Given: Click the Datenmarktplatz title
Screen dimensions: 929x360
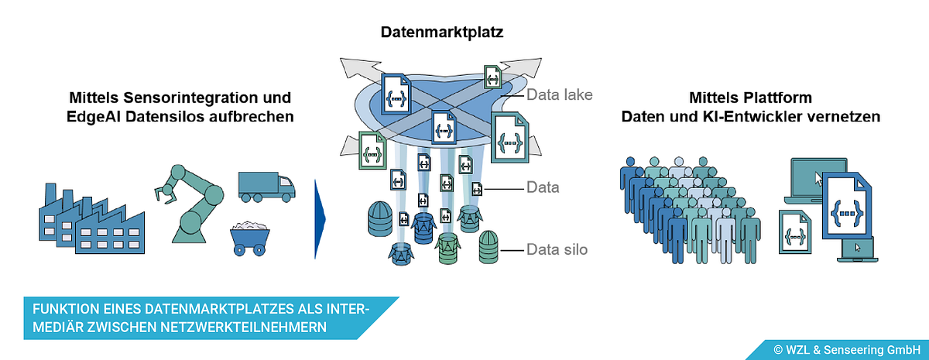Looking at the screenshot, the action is coord(442,32).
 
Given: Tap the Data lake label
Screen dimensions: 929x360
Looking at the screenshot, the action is coord(559,95).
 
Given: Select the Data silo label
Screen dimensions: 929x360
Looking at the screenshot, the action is coord(557,249).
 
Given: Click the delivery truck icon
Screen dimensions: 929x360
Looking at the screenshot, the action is coord(266,187).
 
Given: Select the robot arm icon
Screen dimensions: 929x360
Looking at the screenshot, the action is coord(190,204).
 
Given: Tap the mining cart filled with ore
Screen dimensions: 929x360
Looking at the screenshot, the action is coord(249,238).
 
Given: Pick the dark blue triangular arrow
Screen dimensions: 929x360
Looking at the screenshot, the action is coord(319,219).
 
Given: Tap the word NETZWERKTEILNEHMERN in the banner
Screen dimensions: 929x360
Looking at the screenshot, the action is coord(243,327).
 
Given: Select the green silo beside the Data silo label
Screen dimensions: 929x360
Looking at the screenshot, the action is coord(488,247).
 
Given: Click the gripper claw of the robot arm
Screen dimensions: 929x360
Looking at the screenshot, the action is coord(165,194).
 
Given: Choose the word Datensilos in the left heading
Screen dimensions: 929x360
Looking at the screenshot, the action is coord(165,117).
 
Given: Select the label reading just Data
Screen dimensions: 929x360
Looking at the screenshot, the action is coord(543,187).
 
